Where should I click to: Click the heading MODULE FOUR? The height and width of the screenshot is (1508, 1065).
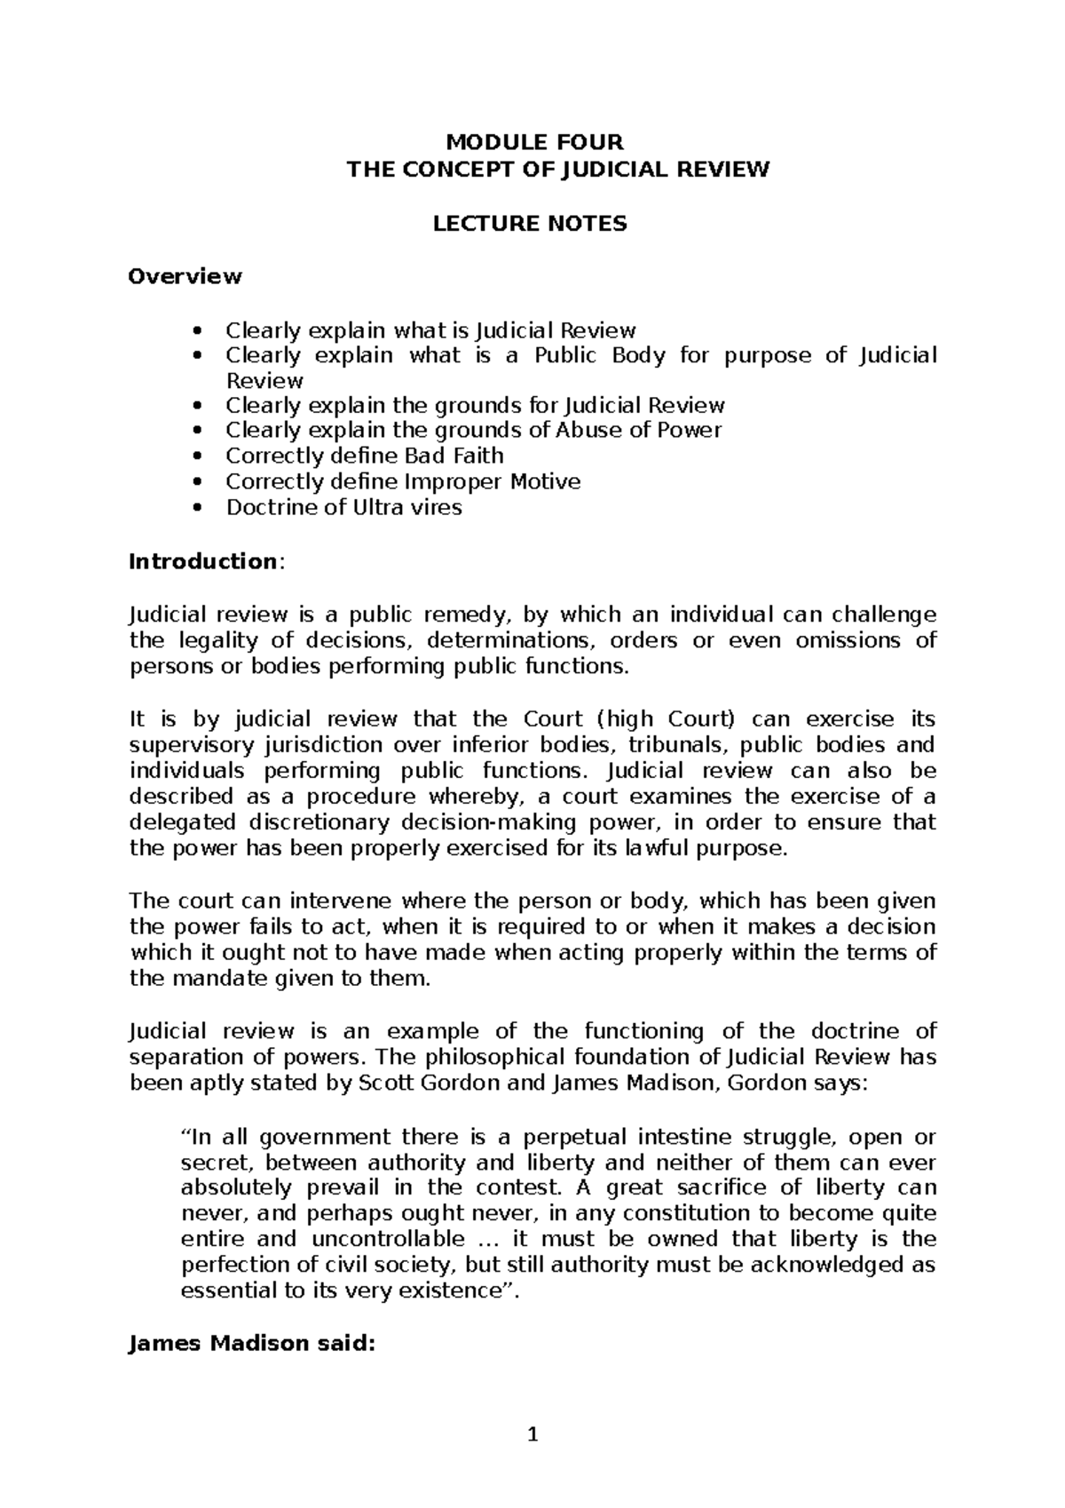[x=534, y=142]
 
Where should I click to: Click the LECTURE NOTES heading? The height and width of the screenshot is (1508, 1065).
[x=530, y=224]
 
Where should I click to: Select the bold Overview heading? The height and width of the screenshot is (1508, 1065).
[x=185, y=276]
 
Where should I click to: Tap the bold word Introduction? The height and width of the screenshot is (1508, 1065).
[x=203, y=561]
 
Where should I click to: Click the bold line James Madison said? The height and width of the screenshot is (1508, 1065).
[x=252, y=1344]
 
